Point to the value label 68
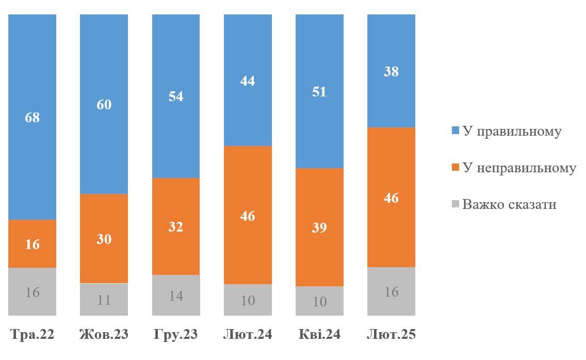pyautogui.click(x=32, y=118)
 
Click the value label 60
pyautogui.click(x=104, y=105)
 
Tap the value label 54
pyautogui.click(x=176, y=96)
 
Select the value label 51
pyautogui.click(x=319, y=92)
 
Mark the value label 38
pyautogui.click(x=391, y=71)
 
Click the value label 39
pyautogui.click(x=319, y=227)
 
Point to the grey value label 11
pyautogui.click(x=104, y=300)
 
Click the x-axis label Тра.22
pyautogui.click(x=32, y=334)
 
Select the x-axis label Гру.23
pyautogui.click(x=176, y=334)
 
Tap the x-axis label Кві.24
pyautogui.click(x=319, y=334)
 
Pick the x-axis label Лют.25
pyautogui.click(x=391, y=334)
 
